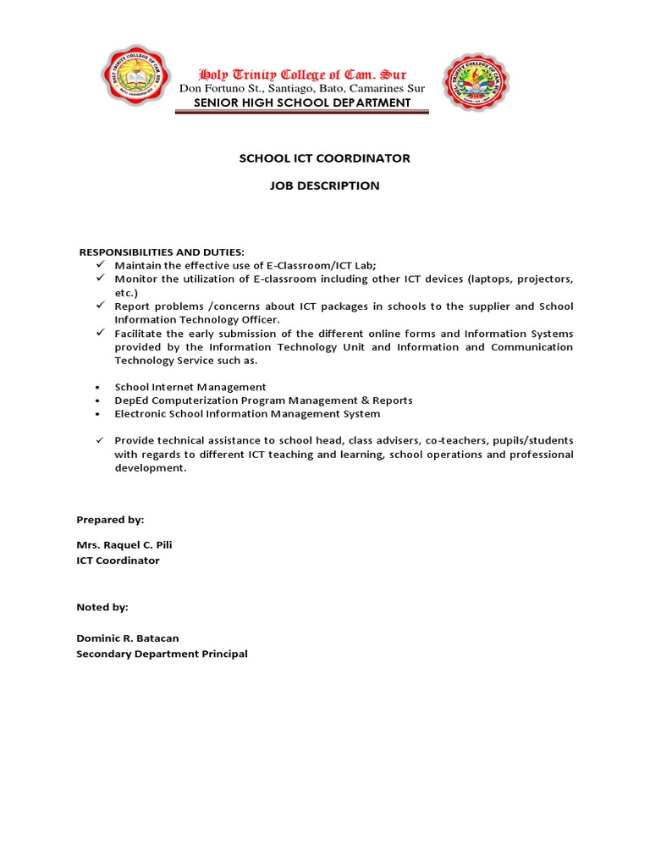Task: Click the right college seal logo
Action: (x=476, y=82)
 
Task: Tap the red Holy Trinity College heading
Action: (x=301, y=75)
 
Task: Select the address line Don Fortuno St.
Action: (x=301, y=89)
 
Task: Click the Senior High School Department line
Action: (x=301, y=102)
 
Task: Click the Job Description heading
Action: (x=324, y=185)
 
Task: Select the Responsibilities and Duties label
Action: (x=162, y=252)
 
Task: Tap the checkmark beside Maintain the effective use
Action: (x=99, y=265)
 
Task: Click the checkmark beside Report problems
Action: (x=99, y=306)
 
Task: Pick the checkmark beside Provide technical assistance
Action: (x=99, y=440)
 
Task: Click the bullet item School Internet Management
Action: (x=190, y=387)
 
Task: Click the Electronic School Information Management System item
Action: (x=247, y=414)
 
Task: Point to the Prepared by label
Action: (x=110, y=520)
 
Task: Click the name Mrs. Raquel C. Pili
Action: (x=124, y=545)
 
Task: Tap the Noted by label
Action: (x=102, y=607)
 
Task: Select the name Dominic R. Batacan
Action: (x=127, y=638)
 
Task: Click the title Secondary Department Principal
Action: (x=162, y=654)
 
